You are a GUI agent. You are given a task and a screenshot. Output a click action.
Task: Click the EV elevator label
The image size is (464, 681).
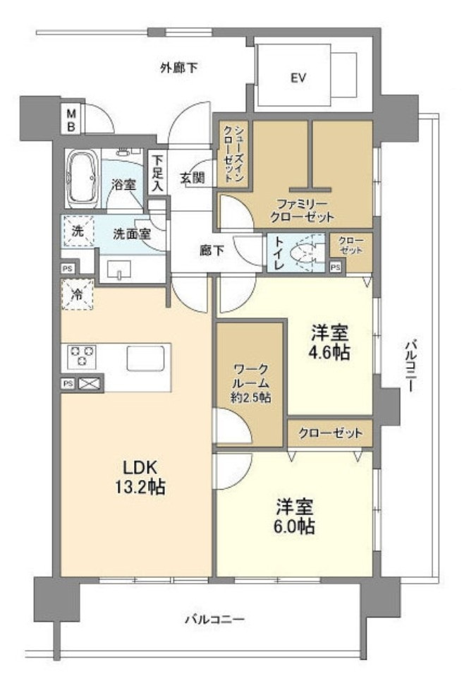click(298, 78)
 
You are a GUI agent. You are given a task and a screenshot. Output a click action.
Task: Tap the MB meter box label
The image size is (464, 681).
click(71, 120)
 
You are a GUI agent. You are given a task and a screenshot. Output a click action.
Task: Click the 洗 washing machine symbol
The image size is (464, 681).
click(78, 231)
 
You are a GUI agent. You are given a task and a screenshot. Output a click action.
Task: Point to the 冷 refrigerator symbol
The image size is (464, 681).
click(78, 295)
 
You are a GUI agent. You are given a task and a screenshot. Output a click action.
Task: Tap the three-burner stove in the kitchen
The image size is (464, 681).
click(82, 356)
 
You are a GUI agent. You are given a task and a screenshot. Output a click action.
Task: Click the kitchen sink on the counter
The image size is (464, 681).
click(145, 358)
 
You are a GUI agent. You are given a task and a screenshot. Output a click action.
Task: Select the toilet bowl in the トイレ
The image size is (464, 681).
click(303, 253)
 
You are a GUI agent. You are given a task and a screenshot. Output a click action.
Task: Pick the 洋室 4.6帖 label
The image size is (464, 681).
click(330, 342)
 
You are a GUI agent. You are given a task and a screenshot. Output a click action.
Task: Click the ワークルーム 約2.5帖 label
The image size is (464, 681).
click(250, 383)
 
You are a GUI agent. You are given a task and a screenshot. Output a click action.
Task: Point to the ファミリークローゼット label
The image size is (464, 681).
click(302, 210)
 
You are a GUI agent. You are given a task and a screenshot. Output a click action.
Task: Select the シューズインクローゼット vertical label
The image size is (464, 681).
click(233, 153)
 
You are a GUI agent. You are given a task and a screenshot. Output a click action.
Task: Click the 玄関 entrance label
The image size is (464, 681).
click(193, 178)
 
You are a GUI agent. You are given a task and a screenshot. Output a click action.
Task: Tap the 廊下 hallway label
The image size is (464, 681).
click(212, 250)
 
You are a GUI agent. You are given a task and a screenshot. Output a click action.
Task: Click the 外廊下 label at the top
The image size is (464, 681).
click(179, 68)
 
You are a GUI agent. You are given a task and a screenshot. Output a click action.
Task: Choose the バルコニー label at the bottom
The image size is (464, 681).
click(215, 619)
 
